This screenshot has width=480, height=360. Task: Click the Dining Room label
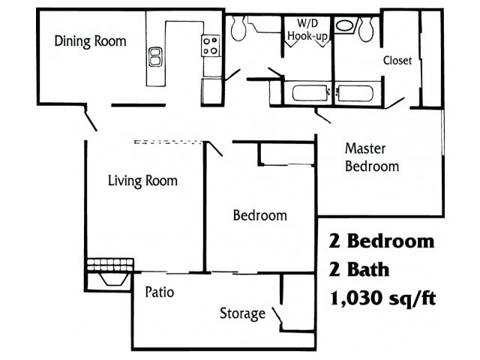click(90, 40)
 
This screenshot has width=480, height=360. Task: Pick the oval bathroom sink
click(346, 25)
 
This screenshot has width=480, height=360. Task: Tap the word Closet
click(397, 61)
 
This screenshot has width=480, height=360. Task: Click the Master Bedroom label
click(371, 157)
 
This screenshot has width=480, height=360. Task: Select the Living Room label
click(142, 181)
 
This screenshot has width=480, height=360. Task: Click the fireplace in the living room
click(109, 271)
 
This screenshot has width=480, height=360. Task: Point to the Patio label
click(159, 292)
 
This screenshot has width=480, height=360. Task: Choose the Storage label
click(242, 313)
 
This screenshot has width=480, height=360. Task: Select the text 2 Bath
click(359, 269)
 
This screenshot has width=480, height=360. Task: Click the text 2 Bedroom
click(382, 241)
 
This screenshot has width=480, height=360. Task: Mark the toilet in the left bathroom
click(239, 28)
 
